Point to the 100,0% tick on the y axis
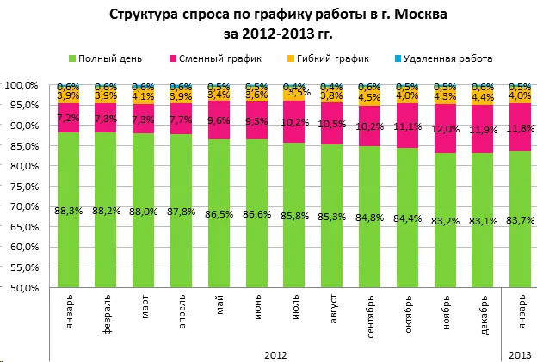coord(23,85)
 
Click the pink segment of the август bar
coord(332,123)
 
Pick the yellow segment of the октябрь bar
coord(407,95)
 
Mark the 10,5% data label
coord(332,123)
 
